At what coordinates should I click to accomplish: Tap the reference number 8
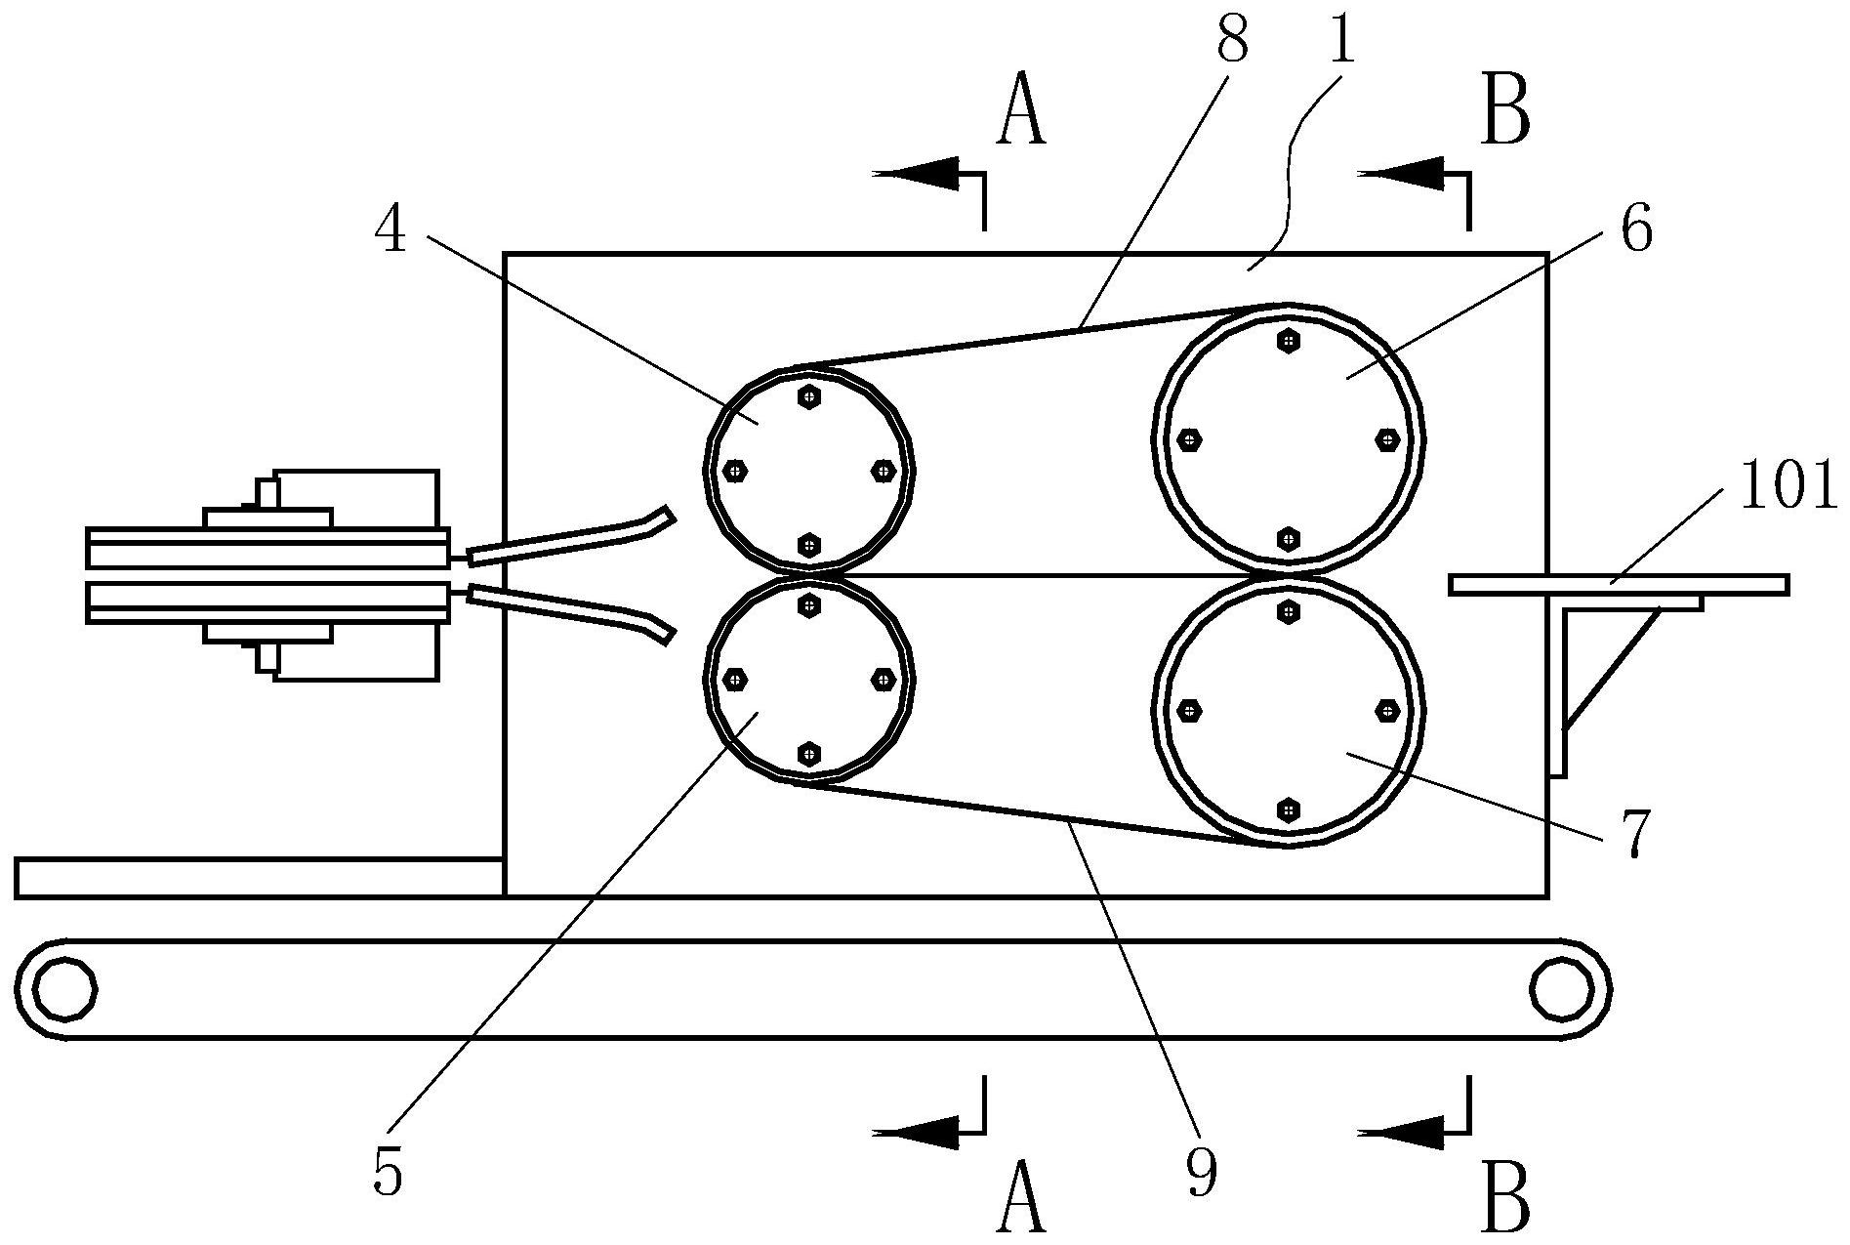pyautogui.click(x=1233, y=39)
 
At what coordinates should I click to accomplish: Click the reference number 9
pyautogui.click(x=1203, y=1172)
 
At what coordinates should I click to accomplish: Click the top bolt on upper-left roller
pyautogui.click(x=809, y=396)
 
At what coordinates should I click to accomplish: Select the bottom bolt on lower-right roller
pyautogui.click(x=1289, y=809)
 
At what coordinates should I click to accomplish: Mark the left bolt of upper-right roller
pyautogui.click(x=1189, y=439)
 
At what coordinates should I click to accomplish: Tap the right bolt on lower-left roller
pyautogui.click(x=883, y=679)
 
